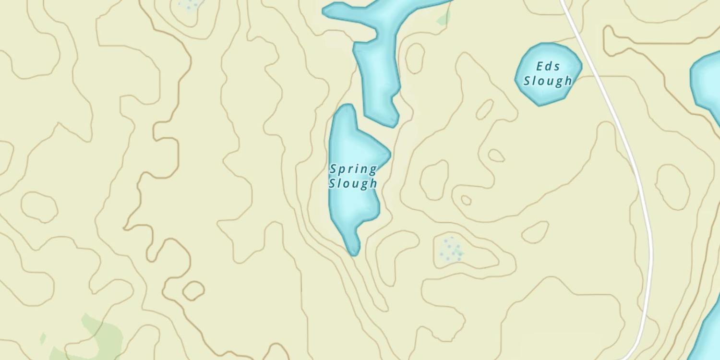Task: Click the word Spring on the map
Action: [353, 169]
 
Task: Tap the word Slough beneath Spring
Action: [353, 183]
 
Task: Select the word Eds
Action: [548, 66]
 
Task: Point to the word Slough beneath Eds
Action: [548, 81]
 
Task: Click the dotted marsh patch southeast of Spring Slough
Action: [450, 250]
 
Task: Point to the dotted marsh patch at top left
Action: [190, 5]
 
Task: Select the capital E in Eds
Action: [540, 66]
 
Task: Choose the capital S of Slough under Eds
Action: [527, 81]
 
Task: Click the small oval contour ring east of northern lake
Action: [415, 58]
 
